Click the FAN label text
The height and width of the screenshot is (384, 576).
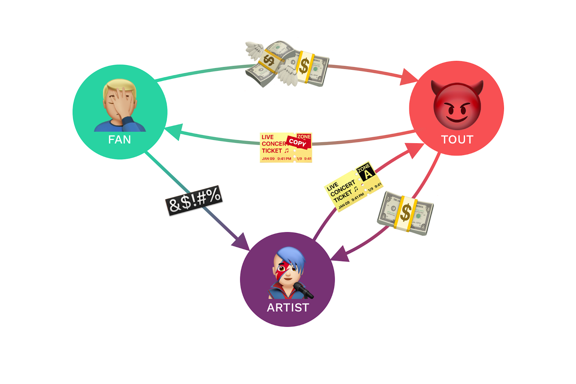pos(120,140)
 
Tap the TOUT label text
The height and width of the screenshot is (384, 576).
pos(457,140)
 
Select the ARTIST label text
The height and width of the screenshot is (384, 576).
pos(288,308)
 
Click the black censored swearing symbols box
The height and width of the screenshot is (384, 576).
pos(194,200)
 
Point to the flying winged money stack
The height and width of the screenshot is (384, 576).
pos(268,63)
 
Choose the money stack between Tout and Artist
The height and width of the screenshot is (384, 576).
pos(405,213)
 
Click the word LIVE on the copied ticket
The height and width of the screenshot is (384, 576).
pos(267,137)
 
